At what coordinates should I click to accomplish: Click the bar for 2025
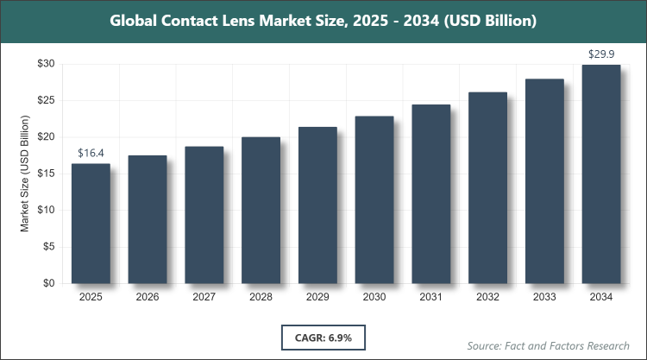point(91,224)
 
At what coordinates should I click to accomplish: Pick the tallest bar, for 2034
point(600,174)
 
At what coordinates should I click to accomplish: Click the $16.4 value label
point(91,153)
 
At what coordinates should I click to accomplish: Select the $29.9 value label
point(600,54)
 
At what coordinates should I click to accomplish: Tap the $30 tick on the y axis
point(45,64)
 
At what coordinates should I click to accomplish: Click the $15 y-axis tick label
point(45,174)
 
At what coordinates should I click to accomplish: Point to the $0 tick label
point(48,283)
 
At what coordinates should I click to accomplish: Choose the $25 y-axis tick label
point(45,100)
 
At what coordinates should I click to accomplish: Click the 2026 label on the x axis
point(148,298)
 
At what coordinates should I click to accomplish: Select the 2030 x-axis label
point(374,298)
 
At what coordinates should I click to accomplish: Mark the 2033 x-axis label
point(544,298)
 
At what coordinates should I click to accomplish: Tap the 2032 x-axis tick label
point(487,298)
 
